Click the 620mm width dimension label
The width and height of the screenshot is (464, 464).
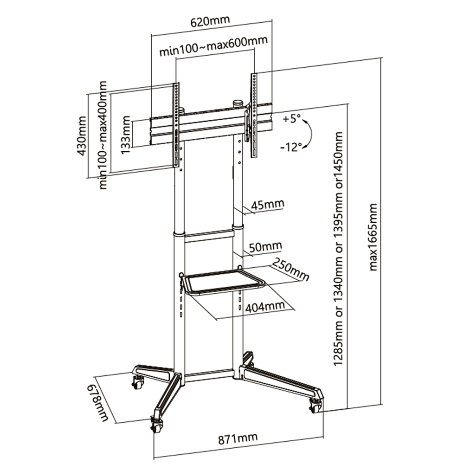coord(210,21)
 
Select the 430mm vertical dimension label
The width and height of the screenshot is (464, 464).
coord(81,136)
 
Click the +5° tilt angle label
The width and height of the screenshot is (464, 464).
coord(291,119)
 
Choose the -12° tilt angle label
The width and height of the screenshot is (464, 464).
coord(291,147)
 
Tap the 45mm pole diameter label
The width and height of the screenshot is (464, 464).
coord(268,204)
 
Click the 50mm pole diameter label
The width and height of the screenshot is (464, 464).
coord(265,246)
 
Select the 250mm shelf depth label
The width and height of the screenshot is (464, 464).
coord(290,270)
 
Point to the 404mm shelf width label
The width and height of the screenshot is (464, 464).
coord(265,307)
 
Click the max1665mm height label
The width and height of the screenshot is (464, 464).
coord(374,237)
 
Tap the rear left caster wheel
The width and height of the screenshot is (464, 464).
coord(138,383)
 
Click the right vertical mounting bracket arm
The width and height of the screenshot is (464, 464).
coord(254,116)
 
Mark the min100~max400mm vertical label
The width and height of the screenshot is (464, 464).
coord(103,135)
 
